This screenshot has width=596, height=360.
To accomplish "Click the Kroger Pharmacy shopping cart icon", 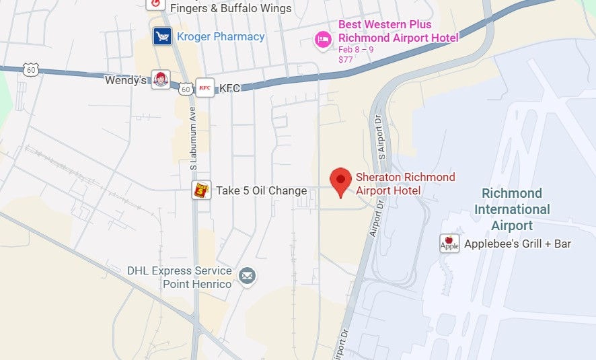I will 161,36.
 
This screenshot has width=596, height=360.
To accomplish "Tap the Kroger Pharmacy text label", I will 221,36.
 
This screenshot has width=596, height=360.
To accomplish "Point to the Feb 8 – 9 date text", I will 356,50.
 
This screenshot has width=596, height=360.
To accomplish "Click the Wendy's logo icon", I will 160,79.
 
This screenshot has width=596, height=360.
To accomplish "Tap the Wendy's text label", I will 126,80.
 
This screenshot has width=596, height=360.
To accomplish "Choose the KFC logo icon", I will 204,87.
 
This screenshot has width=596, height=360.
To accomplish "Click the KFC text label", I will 230,87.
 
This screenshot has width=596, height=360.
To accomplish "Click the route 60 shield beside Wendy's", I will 185,87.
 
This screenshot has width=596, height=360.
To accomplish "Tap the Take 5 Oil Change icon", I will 201,190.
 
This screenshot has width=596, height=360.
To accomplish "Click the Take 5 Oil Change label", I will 261,190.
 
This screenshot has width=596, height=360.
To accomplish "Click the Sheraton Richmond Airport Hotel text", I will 405,184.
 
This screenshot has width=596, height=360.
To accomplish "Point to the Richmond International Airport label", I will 512,209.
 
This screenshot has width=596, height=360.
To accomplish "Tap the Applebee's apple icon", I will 449,244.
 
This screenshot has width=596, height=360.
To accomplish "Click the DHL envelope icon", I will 248,276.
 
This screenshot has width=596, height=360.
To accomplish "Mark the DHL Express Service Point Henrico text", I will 179,277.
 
